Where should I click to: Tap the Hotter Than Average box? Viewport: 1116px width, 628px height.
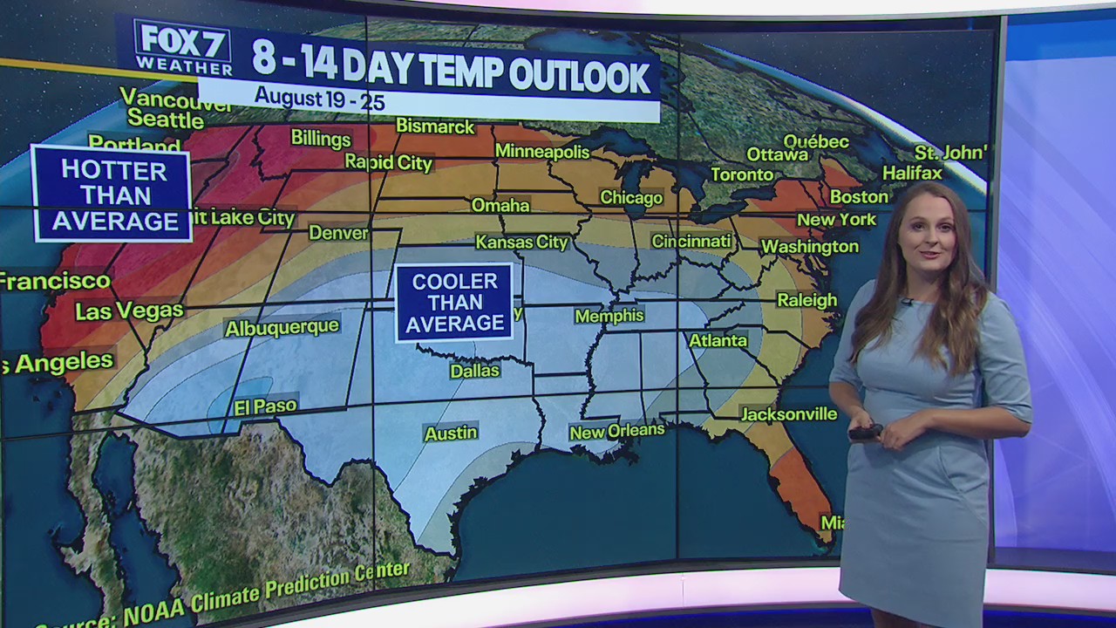point(112,195)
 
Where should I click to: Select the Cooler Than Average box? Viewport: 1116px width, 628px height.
point(454,303)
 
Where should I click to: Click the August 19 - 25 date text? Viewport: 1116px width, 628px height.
point(321,99)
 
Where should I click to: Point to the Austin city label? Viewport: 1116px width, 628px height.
point(451,433)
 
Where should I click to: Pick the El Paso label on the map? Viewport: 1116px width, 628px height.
point(265,406)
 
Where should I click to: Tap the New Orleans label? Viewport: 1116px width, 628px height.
point(616,430)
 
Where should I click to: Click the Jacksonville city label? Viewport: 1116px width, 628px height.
point(788,413)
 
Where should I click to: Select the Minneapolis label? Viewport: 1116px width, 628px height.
point(542,151)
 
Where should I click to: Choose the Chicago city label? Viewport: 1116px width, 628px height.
point(631,198)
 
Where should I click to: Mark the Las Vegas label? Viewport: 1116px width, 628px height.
point(129,311)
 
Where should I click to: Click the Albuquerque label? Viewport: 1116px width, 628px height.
point(282,327)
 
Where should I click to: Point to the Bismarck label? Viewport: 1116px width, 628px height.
point(435,126)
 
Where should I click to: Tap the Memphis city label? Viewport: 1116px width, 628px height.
point(609,316)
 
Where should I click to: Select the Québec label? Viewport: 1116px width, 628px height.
point(816,141)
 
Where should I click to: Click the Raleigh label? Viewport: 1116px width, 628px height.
point(806,300)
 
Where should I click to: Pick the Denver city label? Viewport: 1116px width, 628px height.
point(339,233)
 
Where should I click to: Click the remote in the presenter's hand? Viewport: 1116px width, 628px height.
point(865,432)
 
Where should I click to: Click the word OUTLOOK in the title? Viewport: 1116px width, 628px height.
point(580,76)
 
